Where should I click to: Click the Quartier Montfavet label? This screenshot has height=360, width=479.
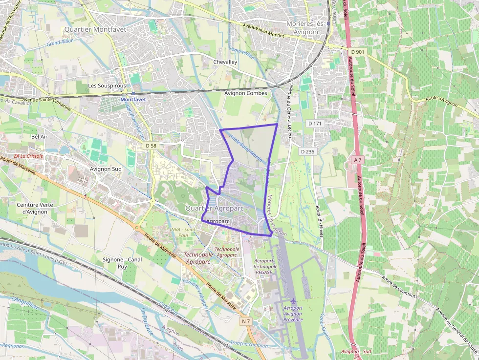coord(95,29)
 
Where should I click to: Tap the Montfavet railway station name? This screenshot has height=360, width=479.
coord(133,99)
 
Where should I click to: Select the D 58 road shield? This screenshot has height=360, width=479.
coord(151,146)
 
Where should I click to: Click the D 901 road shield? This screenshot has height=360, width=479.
coord(358,52)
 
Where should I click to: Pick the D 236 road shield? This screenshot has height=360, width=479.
coord(307,151)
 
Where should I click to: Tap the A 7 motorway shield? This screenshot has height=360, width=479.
coord(358,160)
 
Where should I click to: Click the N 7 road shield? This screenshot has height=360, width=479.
coord(246,321)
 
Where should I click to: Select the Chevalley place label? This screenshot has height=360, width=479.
coord(225,62)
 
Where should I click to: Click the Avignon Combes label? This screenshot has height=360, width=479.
coord(245,93)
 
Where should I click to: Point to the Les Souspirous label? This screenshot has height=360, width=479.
coord(107,85)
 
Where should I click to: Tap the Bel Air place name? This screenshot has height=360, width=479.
coord(39,136)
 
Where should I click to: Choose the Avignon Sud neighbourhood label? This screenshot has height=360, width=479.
coord(106,169)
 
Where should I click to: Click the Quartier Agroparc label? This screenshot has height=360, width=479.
coord(215,209)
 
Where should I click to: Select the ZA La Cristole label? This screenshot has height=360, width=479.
coord(28,156)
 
